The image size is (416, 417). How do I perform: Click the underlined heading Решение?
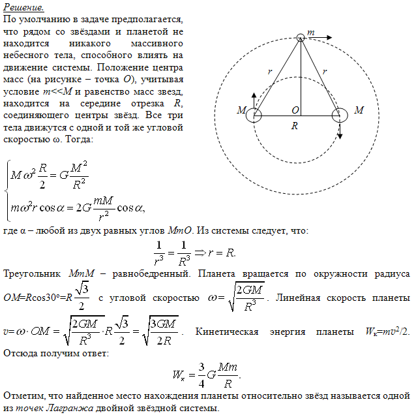tap(23, 8)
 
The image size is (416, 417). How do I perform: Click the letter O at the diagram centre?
tap(295, 109)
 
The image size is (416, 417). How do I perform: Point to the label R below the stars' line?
tap(295, 126)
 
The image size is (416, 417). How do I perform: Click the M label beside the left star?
tap(241, 111)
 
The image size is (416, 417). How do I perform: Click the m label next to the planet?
tap(311, 33)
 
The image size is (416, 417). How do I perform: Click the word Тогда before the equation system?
tap(80, 140)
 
